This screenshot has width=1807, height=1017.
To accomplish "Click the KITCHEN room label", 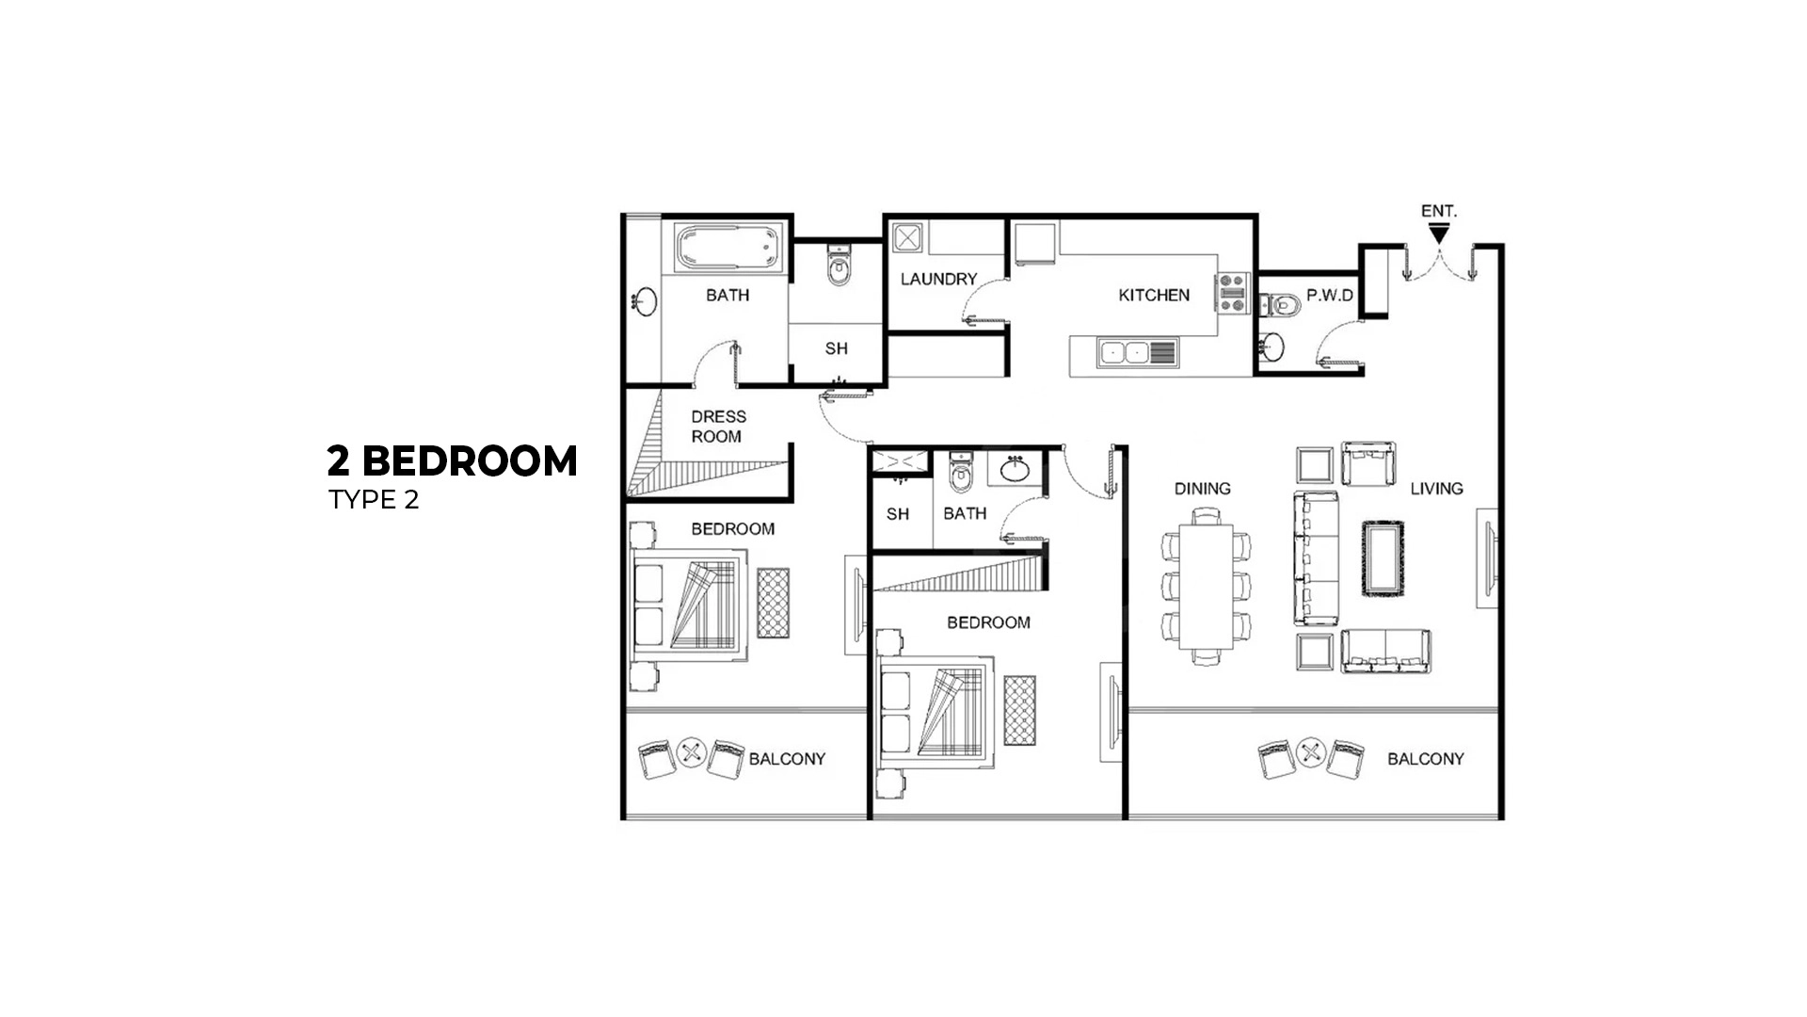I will point(1154,295).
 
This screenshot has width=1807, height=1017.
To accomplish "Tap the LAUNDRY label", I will point(938,279).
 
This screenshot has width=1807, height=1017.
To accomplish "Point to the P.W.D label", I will point(1329,296).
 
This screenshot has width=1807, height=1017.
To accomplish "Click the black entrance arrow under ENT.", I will point(1437,232).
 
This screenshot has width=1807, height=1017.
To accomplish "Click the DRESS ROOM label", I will point(718,427).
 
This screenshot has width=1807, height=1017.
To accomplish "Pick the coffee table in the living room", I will point(1383,558).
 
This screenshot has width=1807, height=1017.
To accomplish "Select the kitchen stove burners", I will point(1232,292).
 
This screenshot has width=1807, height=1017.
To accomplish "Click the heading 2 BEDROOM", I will point(452,461).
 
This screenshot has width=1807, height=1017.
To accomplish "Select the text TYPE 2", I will point(374,500).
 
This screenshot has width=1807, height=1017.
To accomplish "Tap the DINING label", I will point(1202,489).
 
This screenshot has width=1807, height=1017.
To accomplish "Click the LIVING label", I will point(1436,489).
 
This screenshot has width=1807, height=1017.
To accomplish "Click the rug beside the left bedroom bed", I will point(774,603).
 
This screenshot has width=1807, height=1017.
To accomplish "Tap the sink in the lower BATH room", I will point(1015,469).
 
